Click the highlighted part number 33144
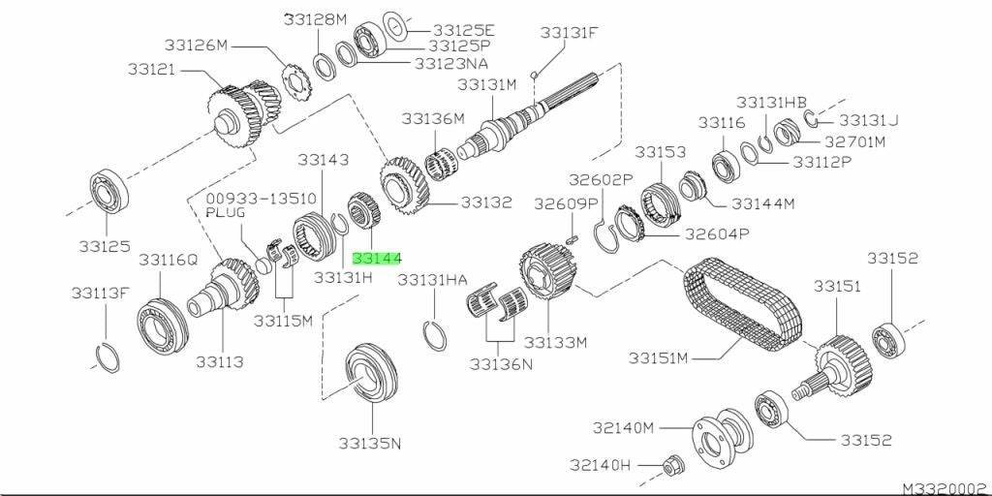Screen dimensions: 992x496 [x=377, y=259]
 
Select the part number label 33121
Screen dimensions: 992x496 [x=151, y=69]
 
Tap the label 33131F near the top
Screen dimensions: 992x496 [x=569, y=32]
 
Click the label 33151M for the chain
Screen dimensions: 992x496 [x=658, y=358]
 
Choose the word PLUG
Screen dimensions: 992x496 [x=226, y=212]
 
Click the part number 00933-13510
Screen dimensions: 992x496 [x=262, y=200]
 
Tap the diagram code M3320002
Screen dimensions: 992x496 [x=946, y=489]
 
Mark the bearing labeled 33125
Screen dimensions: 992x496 [x=110, y=192]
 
